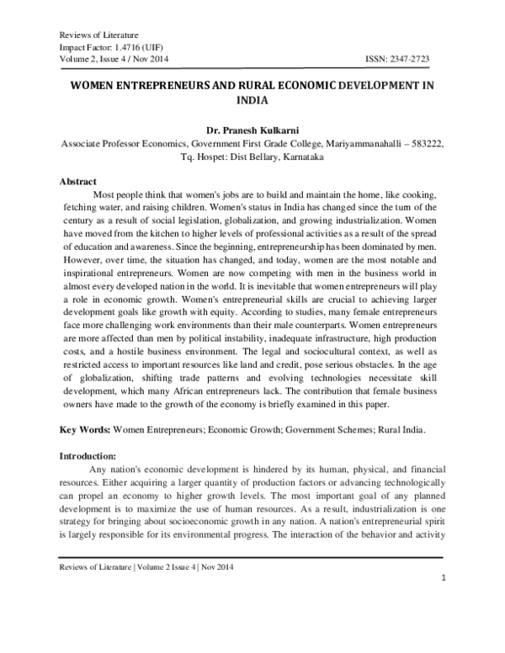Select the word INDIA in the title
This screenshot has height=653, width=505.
[x=252, y=98]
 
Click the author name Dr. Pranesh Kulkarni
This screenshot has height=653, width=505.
[x=252, y=131]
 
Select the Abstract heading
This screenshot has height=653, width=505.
[x=77, y=181]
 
